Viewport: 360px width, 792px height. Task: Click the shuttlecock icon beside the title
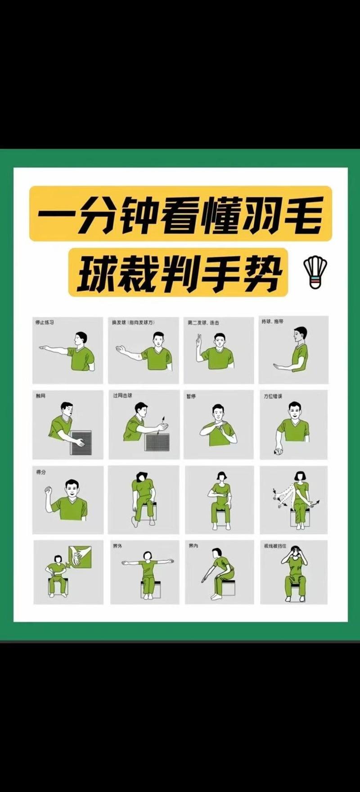pyautogui.click(x=315, y=272)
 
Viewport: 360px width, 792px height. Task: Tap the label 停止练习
pyautogui.click(x=45, y=322)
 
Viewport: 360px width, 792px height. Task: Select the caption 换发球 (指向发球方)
pyautogui.click(x=133, y=322)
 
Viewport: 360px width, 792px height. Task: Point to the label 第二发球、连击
pyautogui.click(x=204, y=322)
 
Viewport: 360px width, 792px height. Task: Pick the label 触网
pyautogui.click(x=40, y=396)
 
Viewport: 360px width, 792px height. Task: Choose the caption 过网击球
pyautogui.click(x=122, y=396)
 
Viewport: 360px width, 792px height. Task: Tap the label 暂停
pyautogui.click(x=191, y=396)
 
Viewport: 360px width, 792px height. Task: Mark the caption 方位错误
pyautogui.click(x=273, y=396)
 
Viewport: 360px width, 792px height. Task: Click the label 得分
pyautogui.click(x=40, y=472)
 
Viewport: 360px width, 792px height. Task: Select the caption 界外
pyautogui.click(x=117, y=546)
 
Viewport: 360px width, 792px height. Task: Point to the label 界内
pyautogui.click(x=193, y=546)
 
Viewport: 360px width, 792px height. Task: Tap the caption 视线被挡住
pyautogui.click(x=275, y=546)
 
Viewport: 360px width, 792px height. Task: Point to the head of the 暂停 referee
pyautogui.click(x=218, y=412)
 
